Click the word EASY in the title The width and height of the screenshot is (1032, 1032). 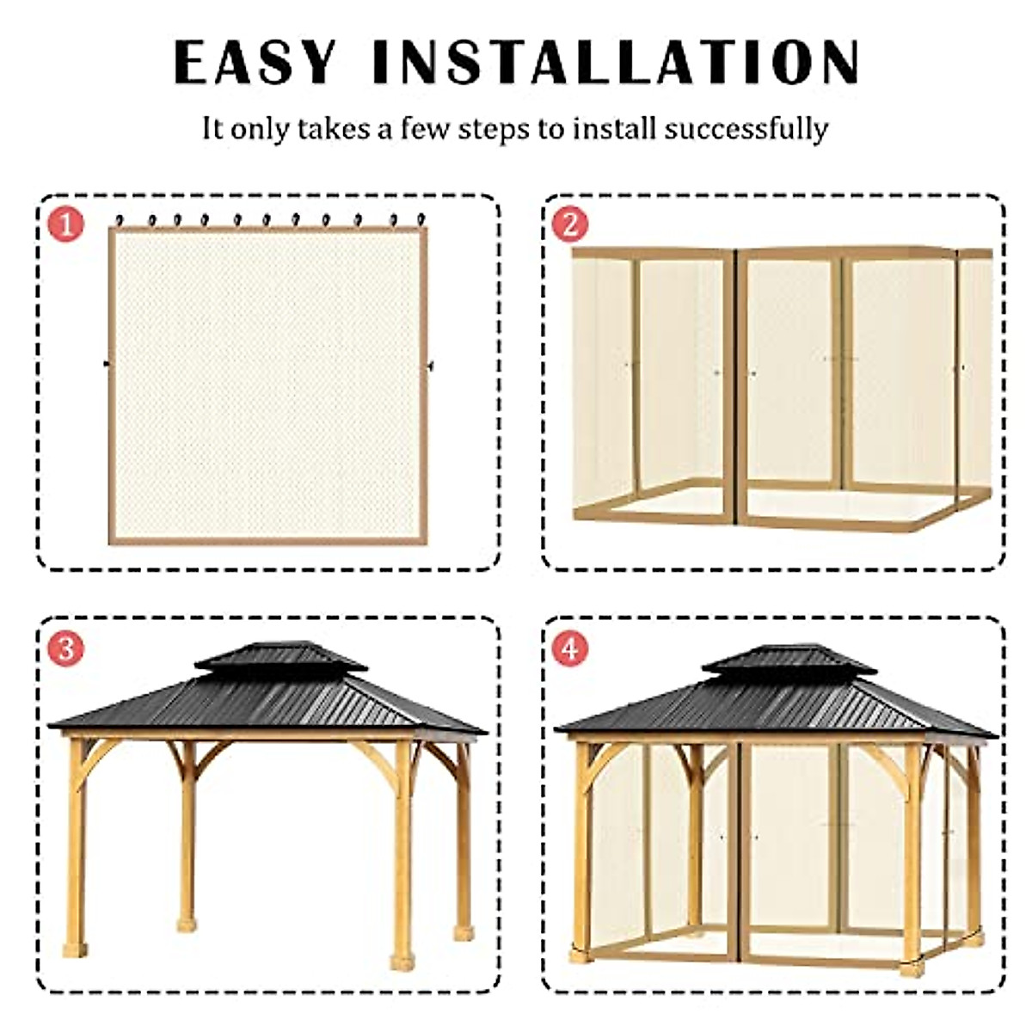pos(255,62)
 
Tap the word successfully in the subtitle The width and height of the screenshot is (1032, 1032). pos(746,129)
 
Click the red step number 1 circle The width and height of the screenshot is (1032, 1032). pos(66,224)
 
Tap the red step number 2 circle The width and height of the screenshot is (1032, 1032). pos(570,224)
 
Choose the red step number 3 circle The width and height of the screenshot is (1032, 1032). pos(66,648)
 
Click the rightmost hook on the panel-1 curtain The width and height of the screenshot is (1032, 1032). pos(421,220)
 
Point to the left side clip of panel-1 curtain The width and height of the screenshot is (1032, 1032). pos(107,365)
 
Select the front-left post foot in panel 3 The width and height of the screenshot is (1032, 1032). pos(75,949)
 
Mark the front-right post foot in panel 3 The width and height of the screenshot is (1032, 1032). pos(402,961)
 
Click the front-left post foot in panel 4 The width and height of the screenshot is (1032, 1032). pos(580,953)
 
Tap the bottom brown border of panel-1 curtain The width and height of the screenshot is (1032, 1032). pos(267,540)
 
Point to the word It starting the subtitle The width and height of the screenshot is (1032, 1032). pos(212,129)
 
